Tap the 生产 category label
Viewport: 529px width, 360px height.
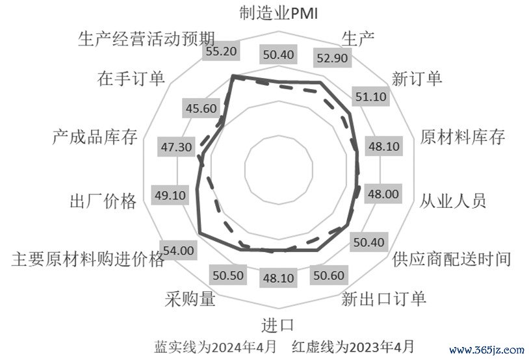click(x=357, y=37)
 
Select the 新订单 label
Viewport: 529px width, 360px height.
click(x=417, y=79)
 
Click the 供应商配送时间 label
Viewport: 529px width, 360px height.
click(x=451, y=259)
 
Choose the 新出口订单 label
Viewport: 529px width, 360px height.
click(x=383, y=299)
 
